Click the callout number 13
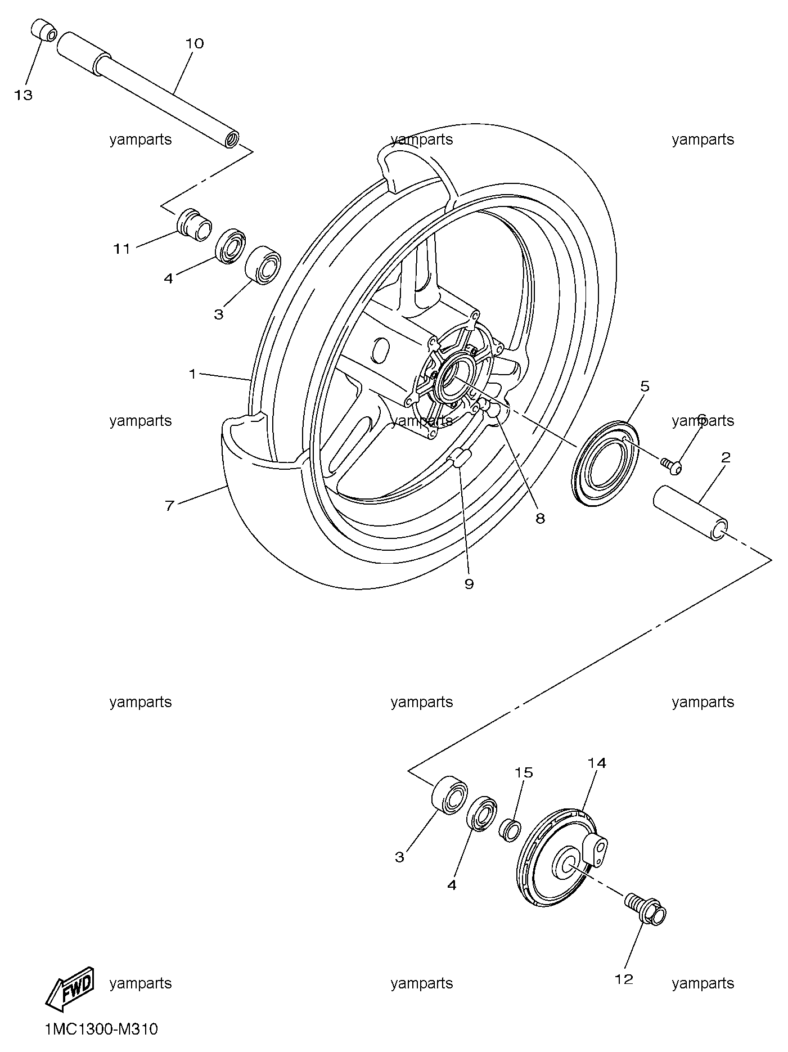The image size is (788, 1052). click(24, 96)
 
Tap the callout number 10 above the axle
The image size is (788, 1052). click(194, 43)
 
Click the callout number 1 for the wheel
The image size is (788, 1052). click(192, 374)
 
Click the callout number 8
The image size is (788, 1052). click(540, 518)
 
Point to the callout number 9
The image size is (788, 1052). click(469, 584)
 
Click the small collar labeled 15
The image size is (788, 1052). click(510, 830)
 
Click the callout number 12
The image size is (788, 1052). click(624, 979)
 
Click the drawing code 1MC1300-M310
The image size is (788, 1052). click(101, 1029)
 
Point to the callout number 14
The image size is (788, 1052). click(597, 763)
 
